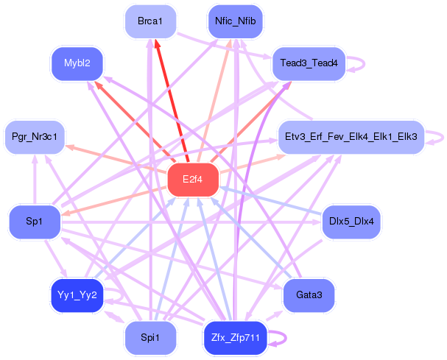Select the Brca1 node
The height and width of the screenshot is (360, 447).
[x=150, y=21]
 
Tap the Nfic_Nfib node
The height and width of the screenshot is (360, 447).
[x=236, y=21]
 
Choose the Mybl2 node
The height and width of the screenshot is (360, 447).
[x=77, y=63]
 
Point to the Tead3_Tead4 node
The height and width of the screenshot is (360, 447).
[x=309, y=63]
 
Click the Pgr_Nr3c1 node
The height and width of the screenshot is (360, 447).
[x=35, y=137]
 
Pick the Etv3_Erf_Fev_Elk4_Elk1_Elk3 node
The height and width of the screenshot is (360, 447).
[x=349, y=137]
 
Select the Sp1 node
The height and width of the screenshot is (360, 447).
[x=35, y=222]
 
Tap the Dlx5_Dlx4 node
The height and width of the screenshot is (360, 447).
[x=351, y=222]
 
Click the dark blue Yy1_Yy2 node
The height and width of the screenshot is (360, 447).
[x=77, y=295]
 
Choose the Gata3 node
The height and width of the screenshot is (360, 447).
[x=309, y=295]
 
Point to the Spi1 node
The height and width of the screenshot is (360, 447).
[x=151, y=338]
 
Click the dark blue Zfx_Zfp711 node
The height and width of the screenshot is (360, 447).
[x=235, y=338]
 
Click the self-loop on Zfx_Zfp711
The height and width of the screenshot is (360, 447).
[x=279, y=338]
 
